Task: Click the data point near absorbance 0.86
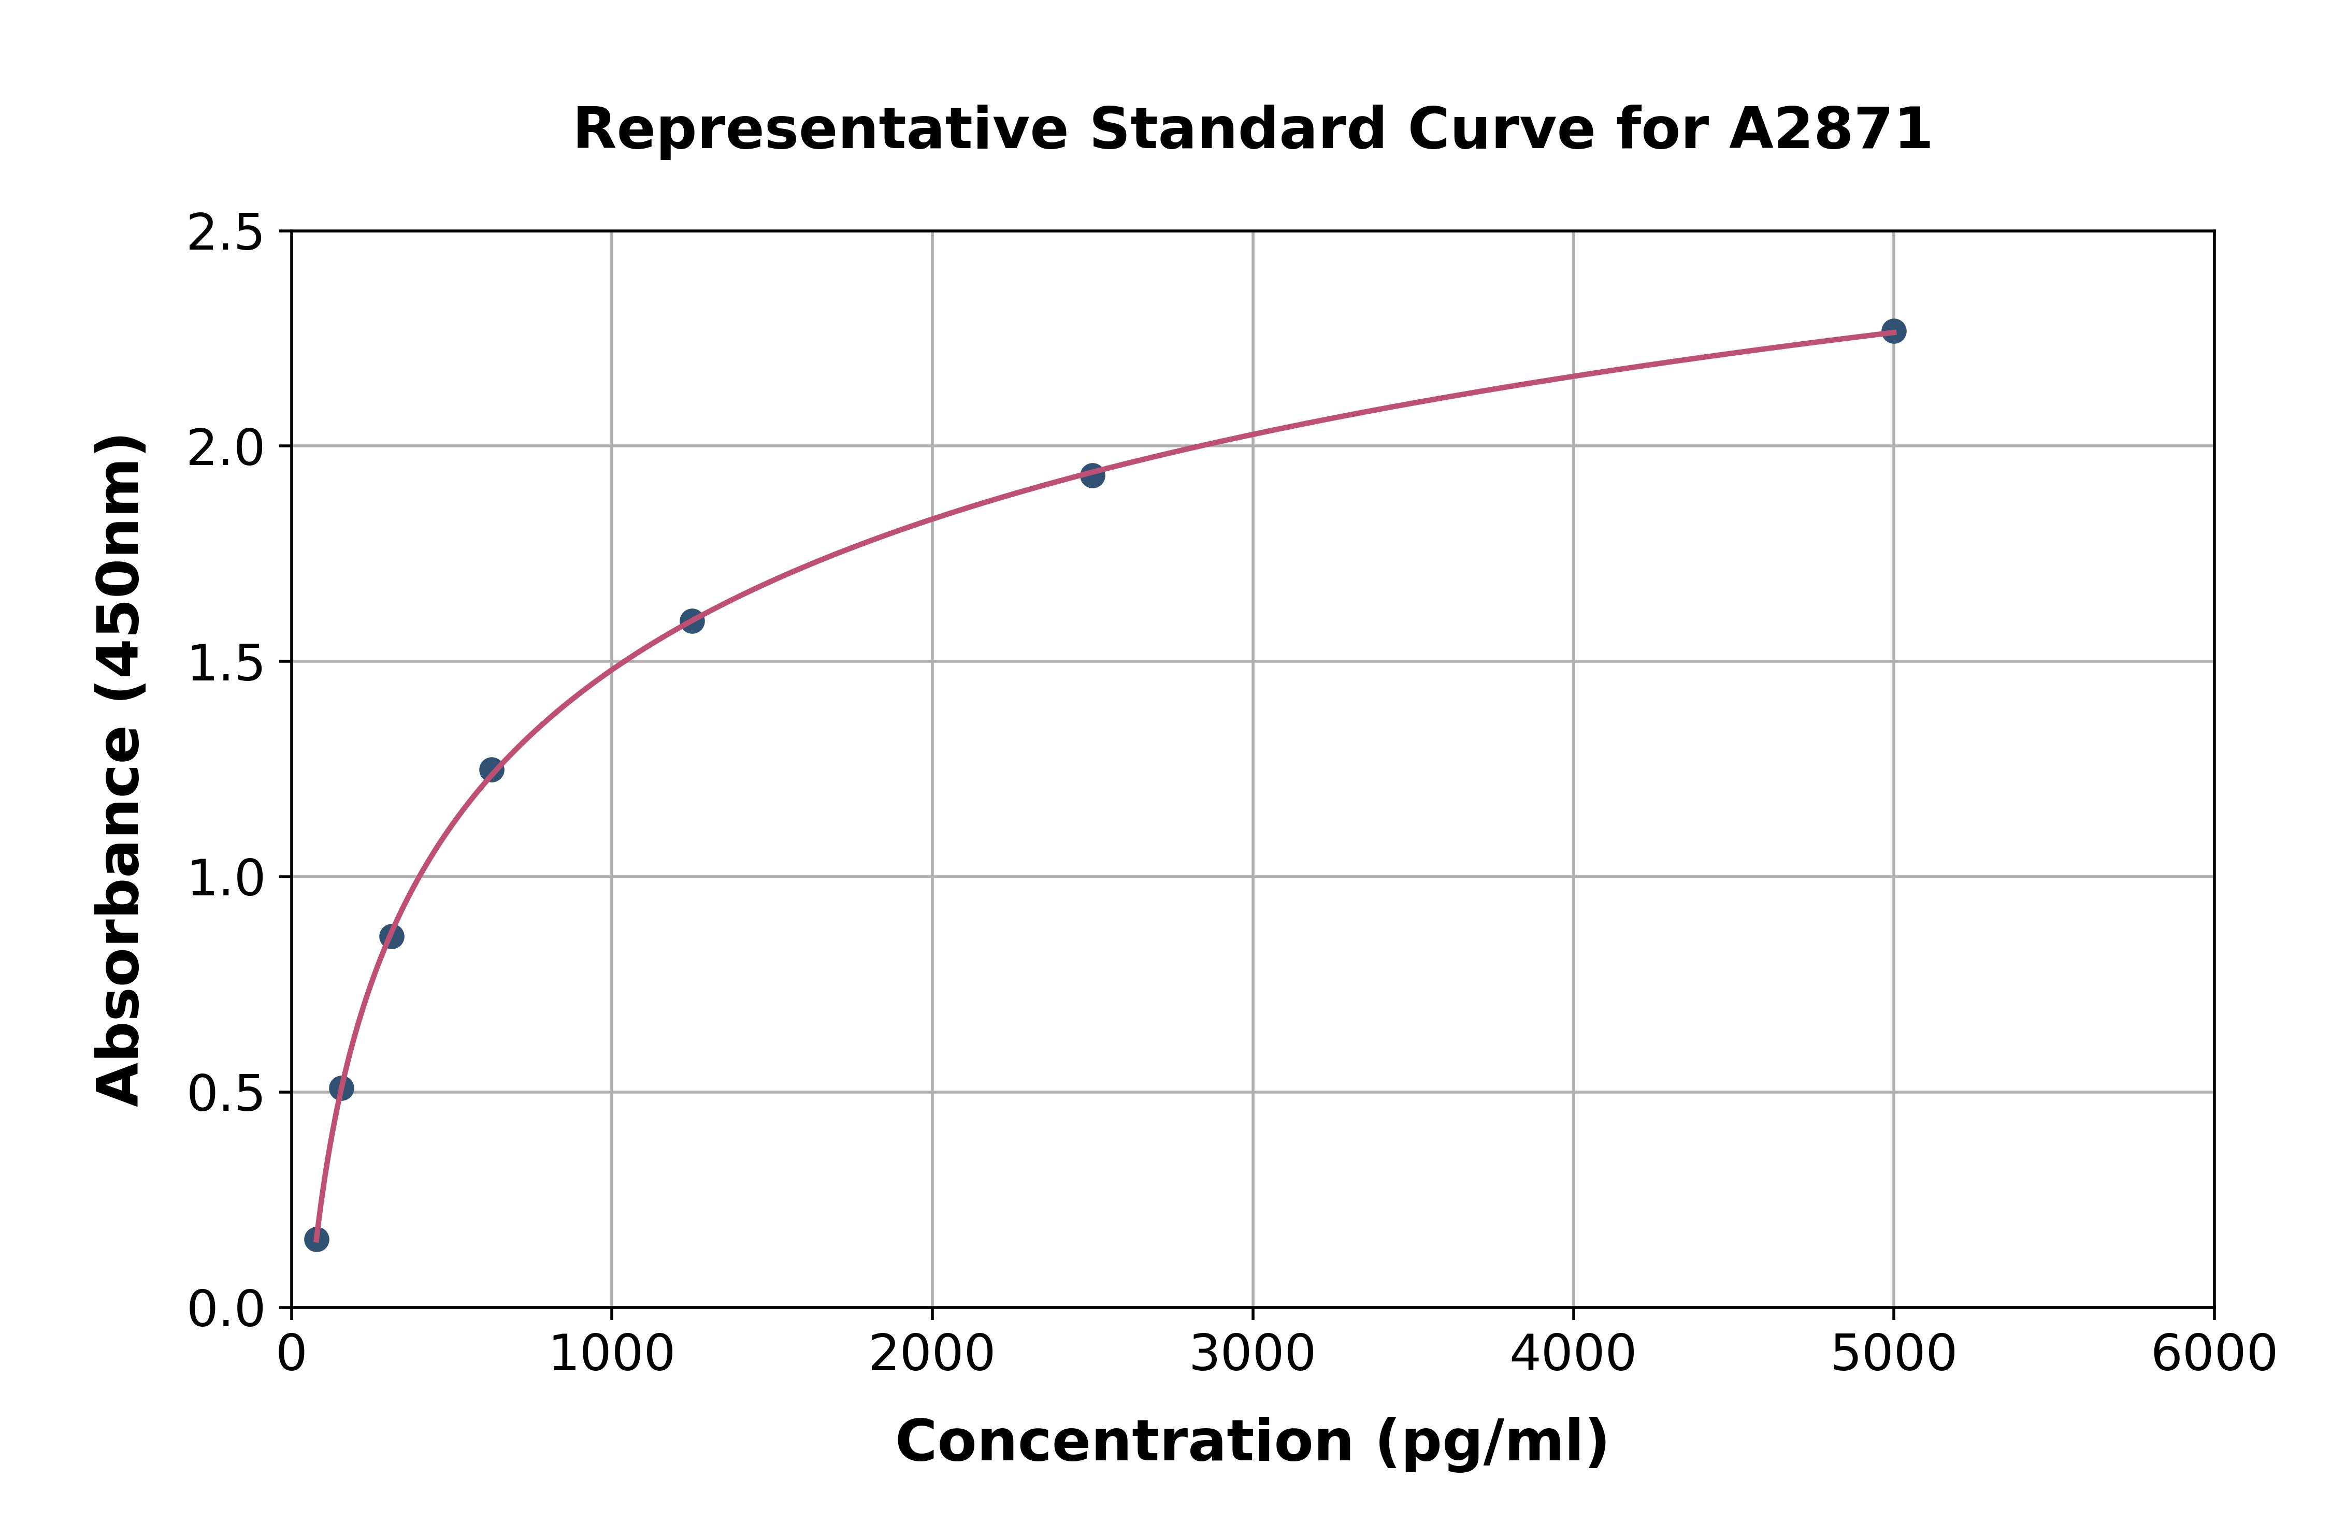point(392,937)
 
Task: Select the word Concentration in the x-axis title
point(1124,1442)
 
